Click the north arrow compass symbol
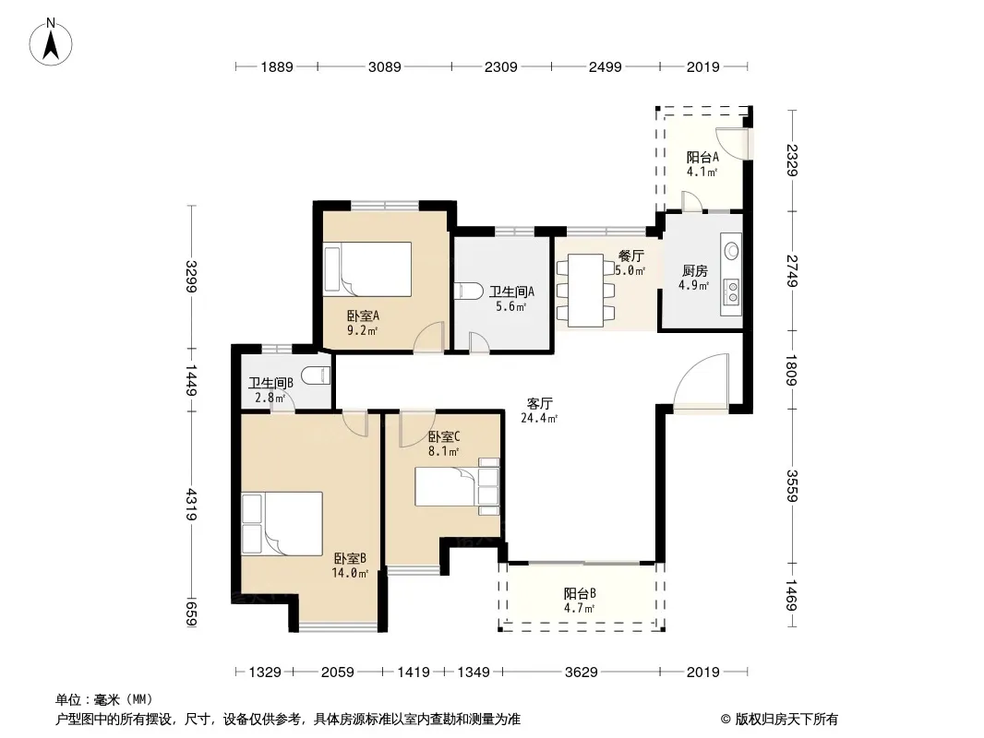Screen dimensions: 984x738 (x=51, y=42)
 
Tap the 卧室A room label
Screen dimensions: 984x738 (x=363, y=316)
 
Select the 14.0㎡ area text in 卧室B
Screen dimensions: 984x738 (x=350, y=573)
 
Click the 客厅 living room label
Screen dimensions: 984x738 (x=540, y=403)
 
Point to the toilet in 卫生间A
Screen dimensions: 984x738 (x=463, y=292)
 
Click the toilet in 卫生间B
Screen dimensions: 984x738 (x=316, y=375)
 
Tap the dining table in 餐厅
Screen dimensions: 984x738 (x=585, y=291)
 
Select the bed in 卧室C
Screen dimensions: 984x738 (x=457, y=486)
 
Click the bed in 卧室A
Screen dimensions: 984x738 (x=367, y=269)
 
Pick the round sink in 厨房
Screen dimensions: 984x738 (x=732, y=252)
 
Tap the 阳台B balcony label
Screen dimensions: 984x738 (x=579, y=593)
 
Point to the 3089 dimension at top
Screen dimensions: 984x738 (x=385, y=66)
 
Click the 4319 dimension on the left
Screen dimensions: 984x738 (x=191, y=505)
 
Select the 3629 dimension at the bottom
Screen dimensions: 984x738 (x=582, y=673)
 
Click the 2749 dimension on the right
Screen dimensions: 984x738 (x=792, y=271)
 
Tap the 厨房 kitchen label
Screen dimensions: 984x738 (x=695, y=271)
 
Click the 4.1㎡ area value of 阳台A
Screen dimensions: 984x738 (x=702, y=172)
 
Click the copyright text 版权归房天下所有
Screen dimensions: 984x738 (x=786, y=720)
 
